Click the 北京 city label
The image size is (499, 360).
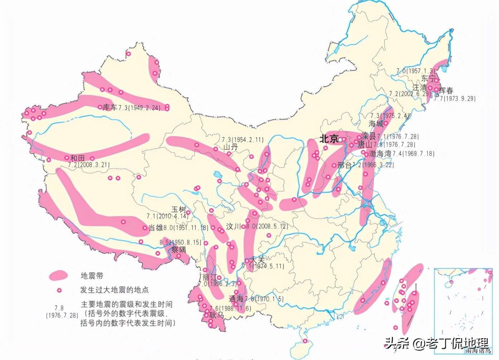pyautogui.click(x=329, y=138)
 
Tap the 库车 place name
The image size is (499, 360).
pyautogui.click(x=110, y=107)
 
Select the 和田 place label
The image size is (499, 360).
pyautogui.click(x=78, y=158)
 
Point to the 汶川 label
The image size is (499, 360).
pyautogui.click(x=233, y=227)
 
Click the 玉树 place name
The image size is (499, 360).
pyautogui.click(x=179, y=209)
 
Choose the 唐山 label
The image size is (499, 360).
pyautogui.click(x=365, y=145)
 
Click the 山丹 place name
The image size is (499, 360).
pyautogui.click(x=231, y=147)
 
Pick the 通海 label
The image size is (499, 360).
pyautogui.click(x=236, y=298)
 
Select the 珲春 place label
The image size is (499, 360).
pyautogui.click(x=446, y=91)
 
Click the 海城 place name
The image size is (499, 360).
pyautogui.click(x=376, y=123)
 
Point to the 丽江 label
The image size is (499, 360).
pyautogui.click(x=210, y=277)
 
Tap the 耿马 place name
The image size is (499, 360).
pyautogui.click(x=217, y=315)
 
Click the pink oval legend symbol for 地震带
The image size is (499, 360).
pyautogui.click(x=58, y=275)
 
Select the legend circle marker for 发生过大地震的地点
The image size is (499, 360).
pyautogui.click(x=59, y=290)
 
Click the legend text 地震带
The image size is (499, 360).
pyautogui.click(x=92, y=276)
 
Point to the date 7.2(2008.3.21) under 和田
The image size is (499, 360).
pyautogui.click(x=89, y=165)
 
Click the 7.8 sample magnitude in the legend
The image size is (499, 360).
pyautogui.click(x=59, y=308)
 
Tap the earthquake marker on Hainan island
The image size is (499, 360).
pyautogui.click(x=305, y=341)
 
